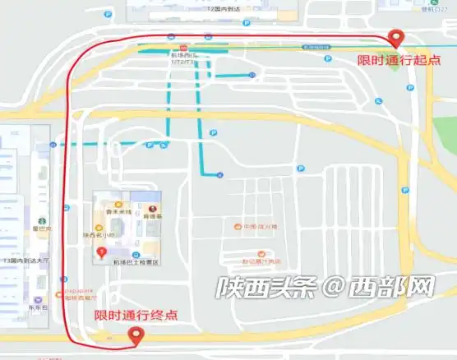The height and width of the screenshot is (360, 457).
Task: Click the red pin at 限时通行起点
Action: point(397,37)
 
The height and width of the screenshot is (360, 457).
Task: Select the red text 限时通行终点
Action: point(135,315)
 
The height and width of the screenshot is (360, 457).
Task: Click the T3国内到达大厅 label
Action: point(27,261)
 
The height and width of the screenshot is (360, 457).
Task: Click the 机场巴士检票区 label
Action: point(135,261)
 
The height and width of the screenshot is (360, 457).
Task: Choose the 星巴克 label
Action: point(41,228)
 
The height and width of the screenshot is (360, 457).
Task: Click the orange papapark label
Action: point(76,290)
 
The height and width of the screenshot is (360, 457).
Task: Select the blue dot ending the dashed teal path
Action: point(219,174)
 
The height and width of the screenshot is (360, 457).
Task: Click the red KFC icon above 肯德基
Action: point(151,209)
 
